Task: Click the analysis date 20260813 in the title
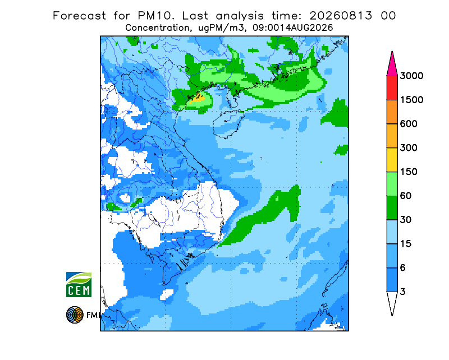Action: pos(341,16)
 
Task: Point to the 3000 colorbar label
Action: pos(411,76)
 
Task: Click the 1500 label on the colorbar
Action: pos(411,100)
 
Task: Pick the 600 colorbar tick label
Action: pos(409,124)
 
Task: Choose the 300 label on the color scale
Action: pos(409,148)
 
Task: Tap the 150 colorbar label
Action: pos(409,172)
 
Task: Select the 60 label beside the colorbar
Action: pos(406,196)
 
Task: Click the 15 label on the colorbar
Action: pos(406,244)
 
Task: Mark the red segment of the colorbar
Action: pos(392,88)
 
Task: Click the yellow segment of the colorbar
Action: pos(392,160)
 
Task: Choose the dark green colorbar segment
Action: pos(392,208)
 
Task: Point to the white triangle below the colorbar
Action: pos(392,301)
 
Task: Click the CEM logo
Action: pos(79,284)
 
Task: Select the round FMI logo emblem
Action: pos(75,315)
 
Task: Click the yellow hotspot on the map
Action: pos(198,98)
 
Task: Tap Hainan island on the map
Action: pos(228,124)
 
